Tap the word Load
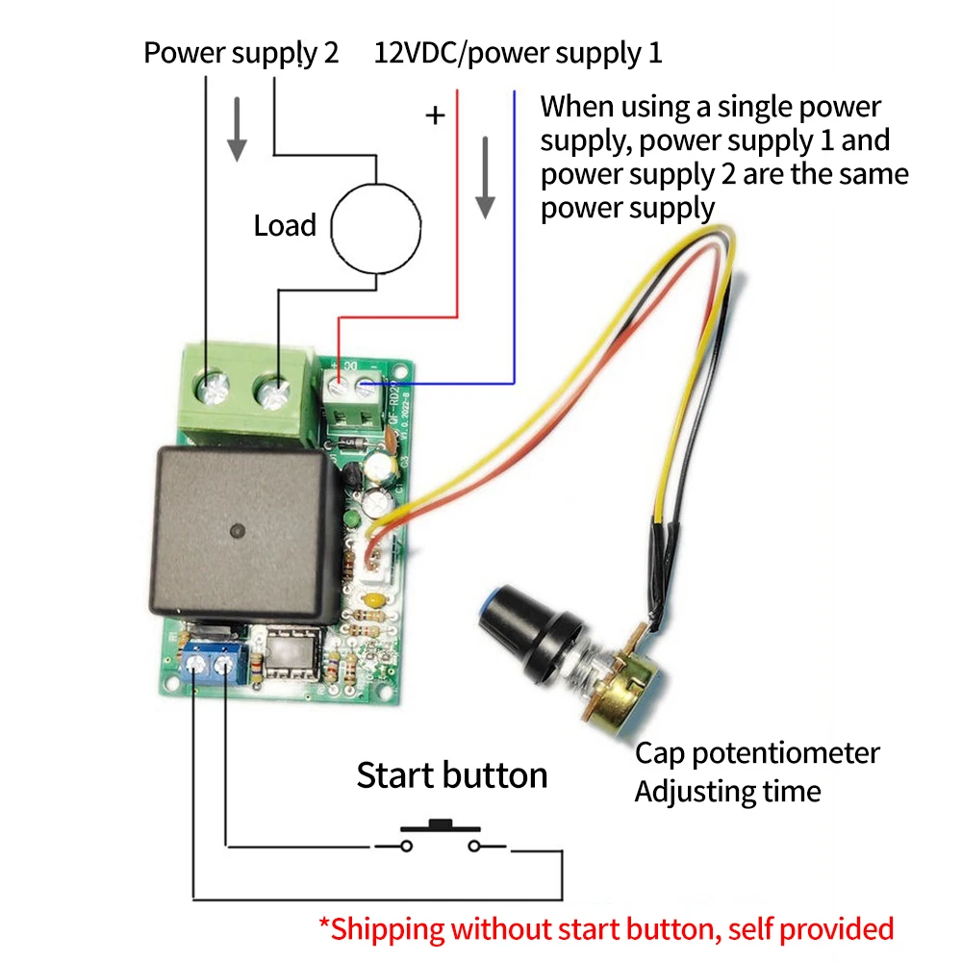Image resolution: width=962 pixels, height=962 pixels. pyautogui.click(x=285, y=226)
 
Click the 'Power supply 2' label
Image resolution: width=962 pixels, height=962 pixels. pyautogui.click(x=240, y=52)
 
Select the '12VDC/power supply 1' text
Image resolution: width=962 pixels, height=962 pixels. pyautogui.click(x=518, y=52)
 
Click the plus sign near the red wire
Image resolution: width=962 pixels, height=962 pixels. pyautogui.click(x=437, y=116)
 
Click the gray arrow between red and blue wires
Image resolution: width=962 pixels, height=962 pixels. pyautogui.click(x=486, y=177)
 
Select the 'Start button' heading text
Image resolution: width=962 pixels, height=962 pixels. pyautogui.click(x=451, y=775)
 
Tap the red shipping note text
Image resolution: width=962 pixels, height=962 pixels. pyautogui.click(x=606, y=929)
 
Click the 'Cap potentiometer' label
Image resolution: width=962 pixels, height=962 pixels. pyautogui.click(x=757, y=752)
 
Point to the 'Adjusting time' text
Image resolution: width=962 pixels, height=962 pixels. pyautogui.click(x=727, y=792)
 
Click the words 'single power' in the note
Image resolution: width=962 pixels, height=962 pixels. pyautogui.click(x=790, y=107)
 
